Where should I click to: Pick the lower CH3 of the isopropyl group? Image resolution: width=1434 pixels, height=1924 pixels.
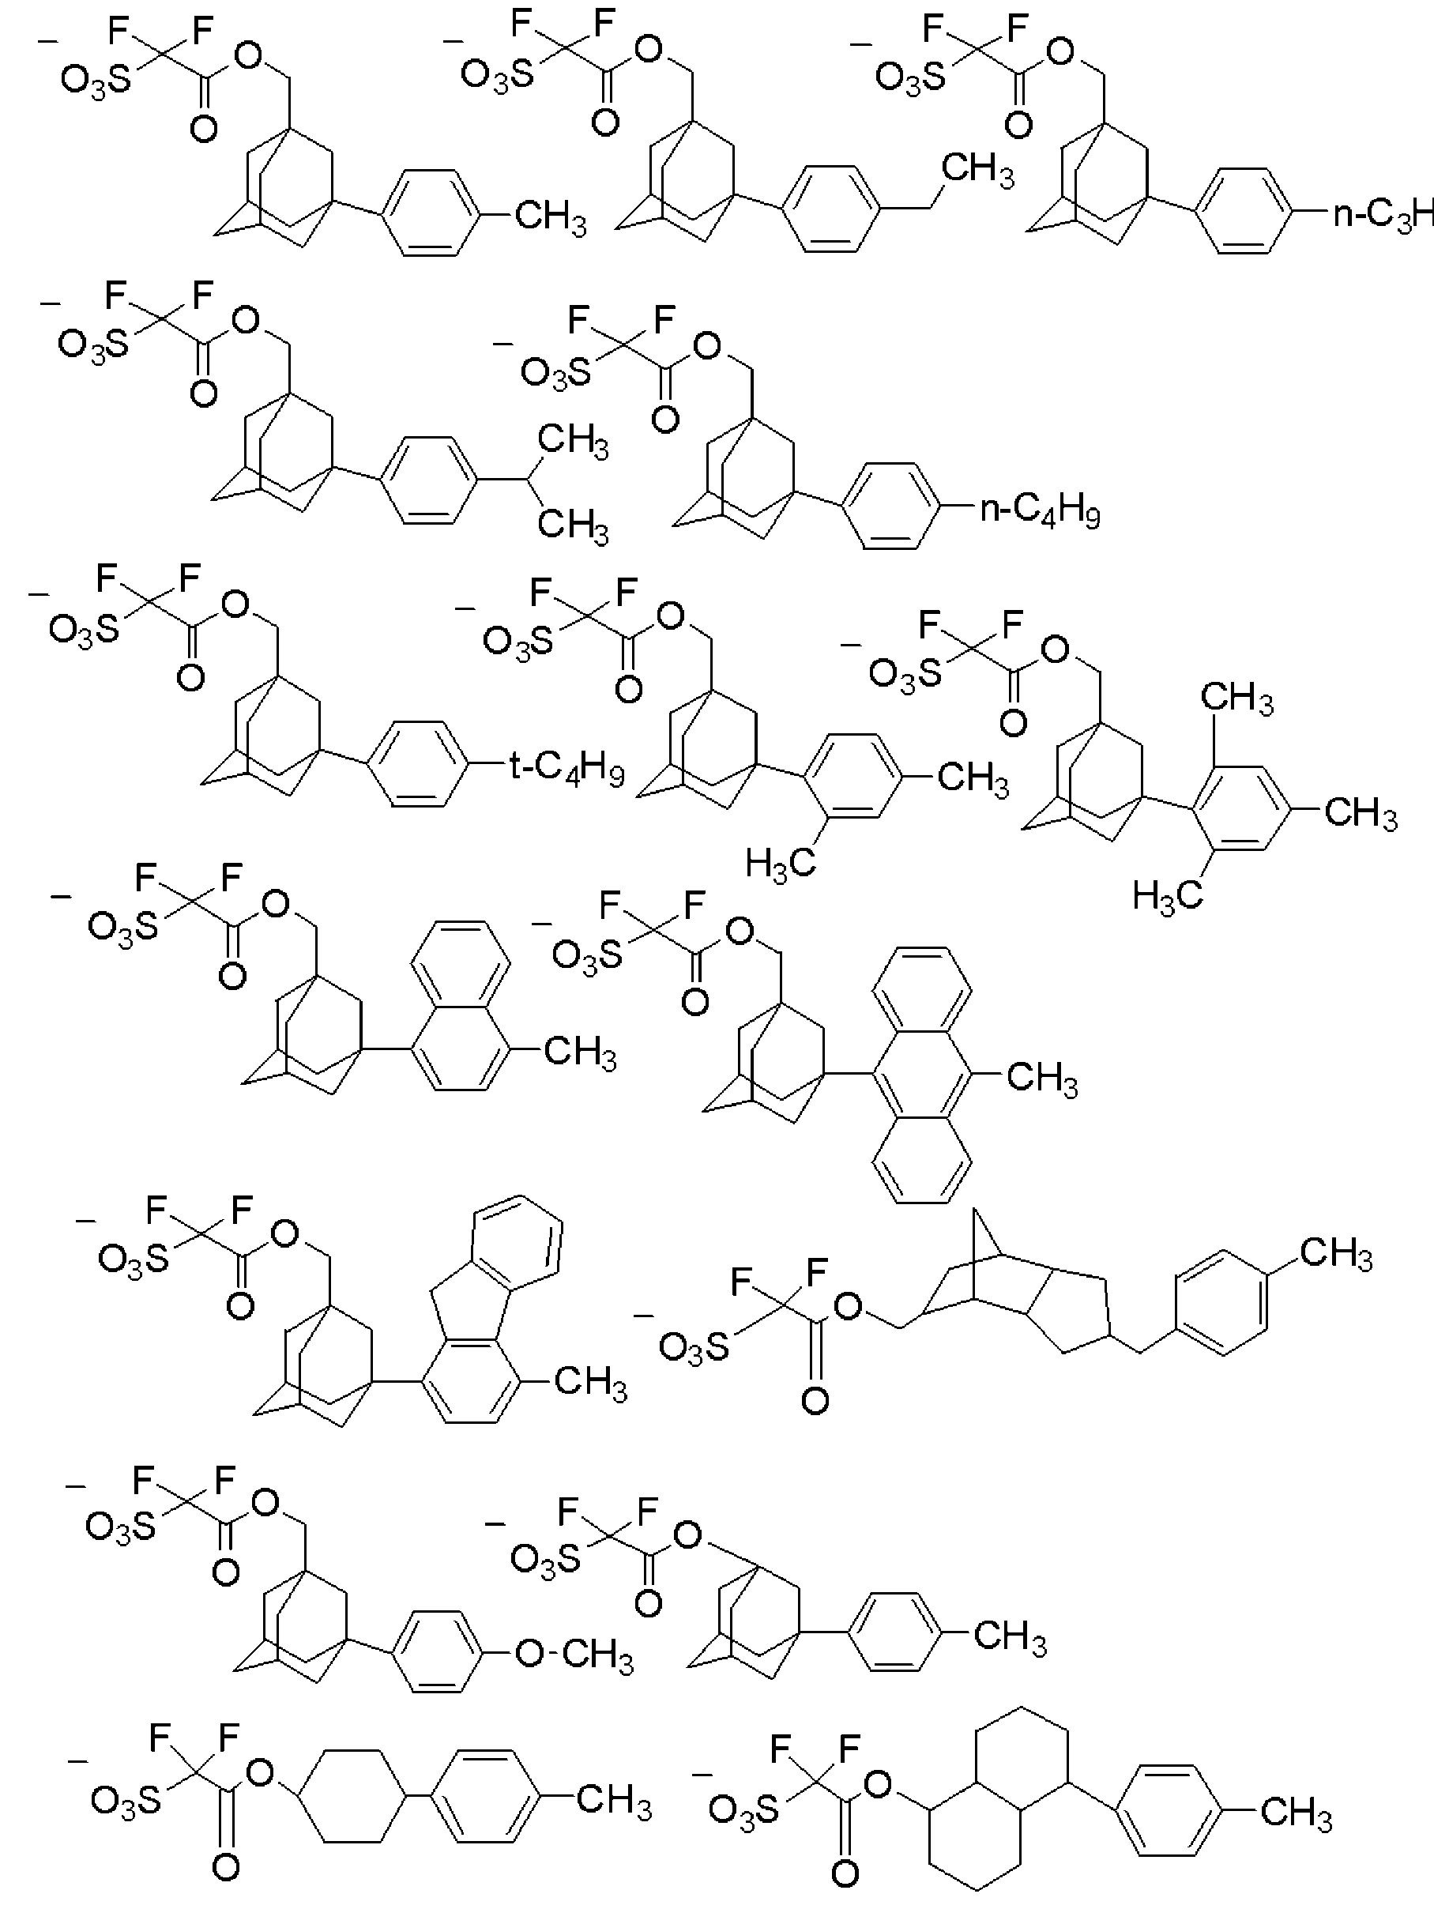[573, 525]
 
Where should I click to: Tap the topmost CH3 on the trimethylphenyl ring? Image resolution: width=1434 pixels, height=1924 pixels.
[1236, 697]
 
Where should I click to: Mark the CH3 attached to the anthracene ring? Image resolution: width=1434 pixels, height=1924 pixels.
[1041, 1079]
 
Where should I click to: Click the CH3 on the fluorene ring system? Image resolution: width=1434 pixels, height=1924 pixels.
[590, 1380]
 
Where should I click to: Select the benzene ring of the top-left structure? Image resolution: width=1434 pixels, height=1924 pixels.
[431, 212]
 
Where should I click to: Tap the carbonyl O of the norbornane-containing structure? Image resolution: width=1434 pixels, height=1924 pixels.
[815, 1399]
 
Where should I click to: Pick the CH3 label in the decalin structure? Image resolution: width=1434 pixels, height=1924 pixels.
[1295, 1813]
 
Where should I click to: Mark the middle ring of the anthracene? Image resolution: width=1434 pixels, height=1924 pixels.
[921, 1075]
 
